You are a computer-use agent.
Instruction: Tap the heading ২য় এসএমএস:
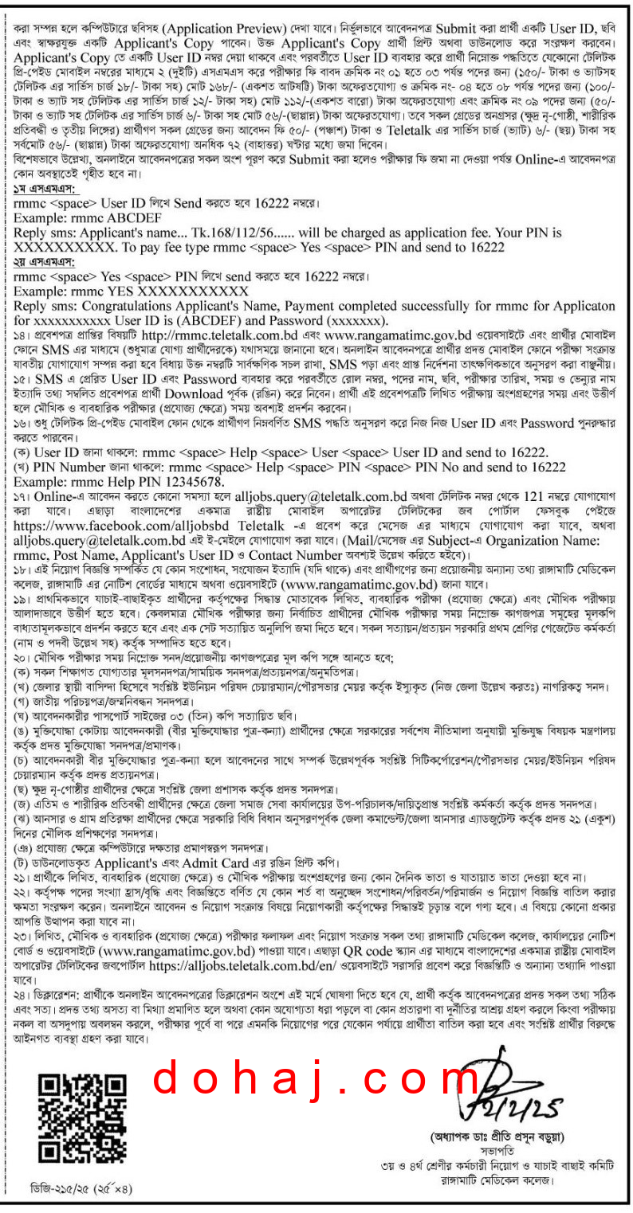pyautogui.click(x=41, y=262)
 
